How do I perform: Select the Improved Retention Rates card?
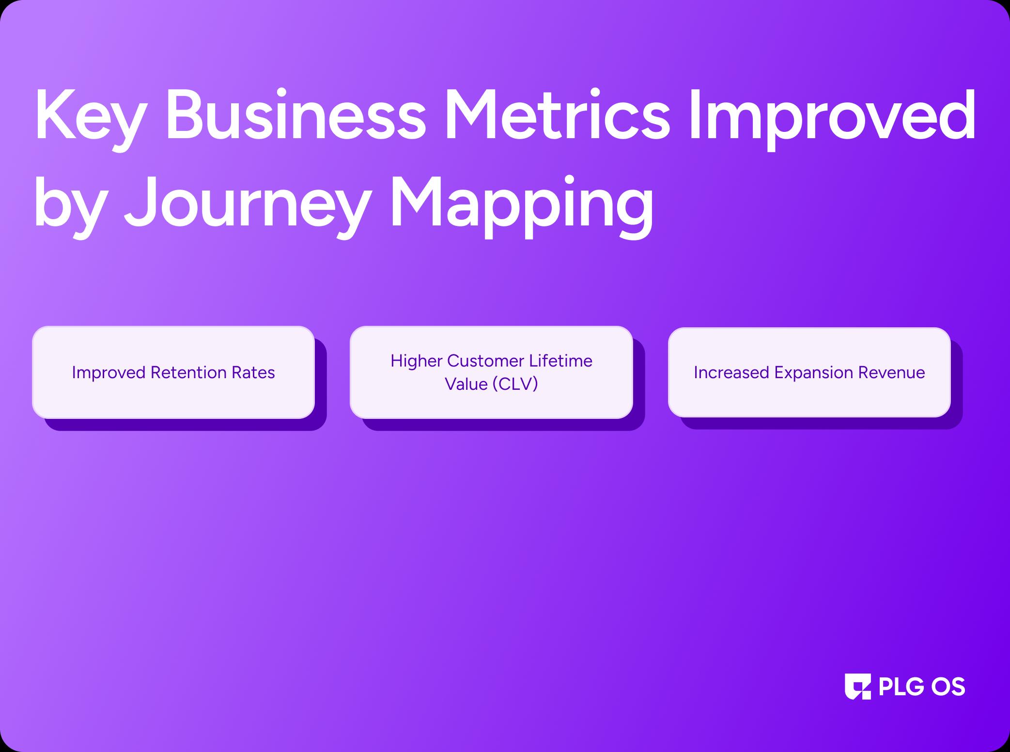[x=173, y=372]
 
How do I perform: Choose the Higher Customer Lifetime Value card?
[x=491, y=372]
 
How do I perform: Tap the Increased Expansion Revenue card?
[x=809, y=372]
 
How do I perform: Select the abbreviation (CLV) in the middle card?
[x=515, y=384]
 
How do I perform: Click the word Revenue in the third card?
[x=891, y=372]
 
